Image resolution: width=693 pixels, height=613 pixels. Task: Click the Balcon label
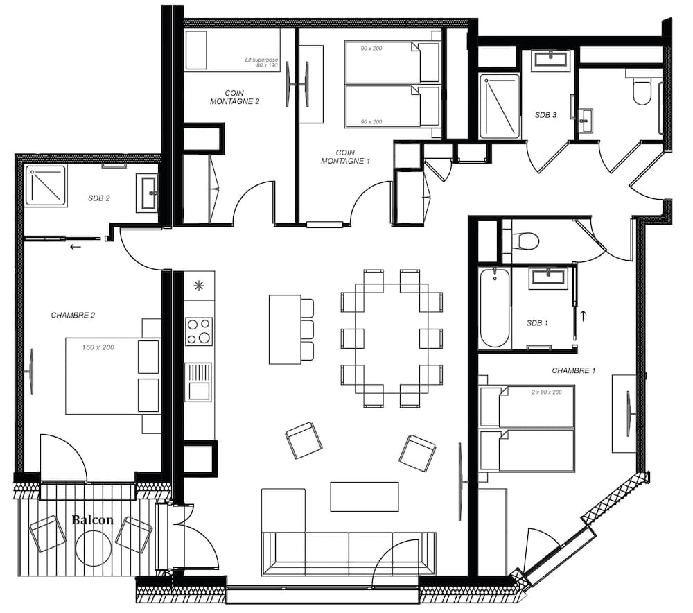(x=92, y=519)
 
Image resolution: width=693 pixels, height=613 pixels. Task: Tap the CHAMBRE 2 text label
(x=73, y=316)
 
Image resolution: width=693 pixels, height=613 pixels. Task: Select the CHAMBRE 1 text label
(x=574, y=370)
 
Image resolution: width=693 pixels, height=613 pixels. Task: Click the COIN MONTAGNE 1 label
(x=346, y=157)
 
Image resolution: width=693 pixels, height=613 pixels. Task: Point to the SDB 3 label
(x=546, y=115)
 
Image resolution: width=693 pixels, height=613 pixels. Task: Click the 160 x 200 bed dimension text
(x=98, y=347)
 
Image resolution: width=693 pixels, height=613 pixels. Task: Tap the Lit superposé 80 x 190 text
(x=262, y=62)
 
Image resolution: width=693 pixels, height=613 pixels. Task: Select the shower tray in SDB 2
(x=46, y=186)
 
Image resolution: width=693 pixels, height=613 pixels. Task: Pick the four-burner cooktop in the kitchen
(x=199, y=331)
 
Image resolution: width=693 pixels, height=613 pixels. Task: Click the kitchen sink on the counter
(x=198, y=382)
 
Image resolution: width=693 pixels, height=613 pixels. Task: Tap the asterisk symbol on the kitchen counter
(x=199, y=286)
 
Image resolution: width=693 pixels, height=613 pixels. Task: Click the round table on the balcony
(x=93, y=549)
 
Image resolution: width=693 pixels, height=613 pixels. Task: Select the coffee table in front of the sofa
(x=365, y=497)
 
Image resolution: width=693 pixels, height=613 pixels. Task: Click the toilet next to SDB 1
(x=526, y=241)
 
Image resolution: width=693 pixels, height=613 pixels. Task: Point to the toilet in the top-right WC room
(x=642, y=89)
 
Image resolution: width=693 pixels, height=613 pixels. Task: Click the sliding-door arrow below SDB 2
(x=76, y=247)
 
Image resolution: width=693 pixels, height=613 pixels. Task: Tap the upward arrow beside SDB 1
(x=584, y=316)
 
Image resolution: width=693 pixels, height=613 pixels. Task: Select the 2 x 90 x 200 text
(x=547, y=392)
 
